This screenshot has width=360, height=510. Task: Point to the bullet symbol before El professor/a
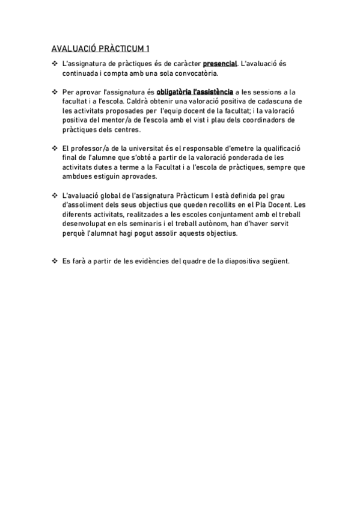coord(55,148)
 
